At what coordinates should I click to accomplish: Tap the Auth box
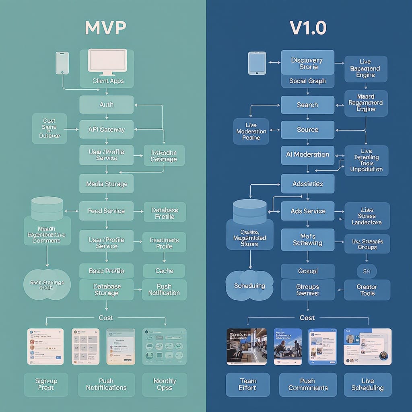coord(106,105)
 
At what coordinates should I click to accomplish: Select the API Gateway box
coord(106,130)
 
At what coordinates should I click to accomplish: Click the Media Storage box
coord(106,184)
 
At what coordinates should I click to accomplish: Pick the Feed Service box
coord(106,211)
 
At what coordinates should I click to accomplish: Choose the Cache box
coord(164,271)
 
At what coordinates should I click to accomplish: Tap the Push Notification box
coord(164,290)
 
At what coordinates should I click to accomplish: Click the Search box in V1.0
coord(307,105)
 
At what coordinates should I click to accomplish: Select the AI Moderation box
coord(307,154)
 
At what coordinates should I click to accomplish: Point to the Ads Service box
coord(307,211)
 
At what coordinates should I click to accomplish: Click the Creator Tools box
coord(367,290)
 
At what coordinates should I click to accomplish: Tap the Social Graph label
coord(307,81)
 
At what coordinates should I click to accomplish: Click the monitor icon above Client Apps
coord(107,61)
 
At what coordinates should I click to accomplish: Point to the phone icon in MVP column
coord(62,63)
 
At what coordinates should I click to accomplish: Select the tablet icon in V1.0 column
coord(257,63)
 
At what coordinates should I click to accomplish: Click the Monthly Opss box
coord(165,384)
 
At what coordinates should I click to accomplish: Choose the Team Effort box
coord(247,384)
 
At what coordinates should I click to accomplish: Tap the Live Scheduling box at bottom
coord(367,384)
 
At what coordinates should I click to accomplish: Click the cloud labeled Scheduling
coord(249,286)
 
